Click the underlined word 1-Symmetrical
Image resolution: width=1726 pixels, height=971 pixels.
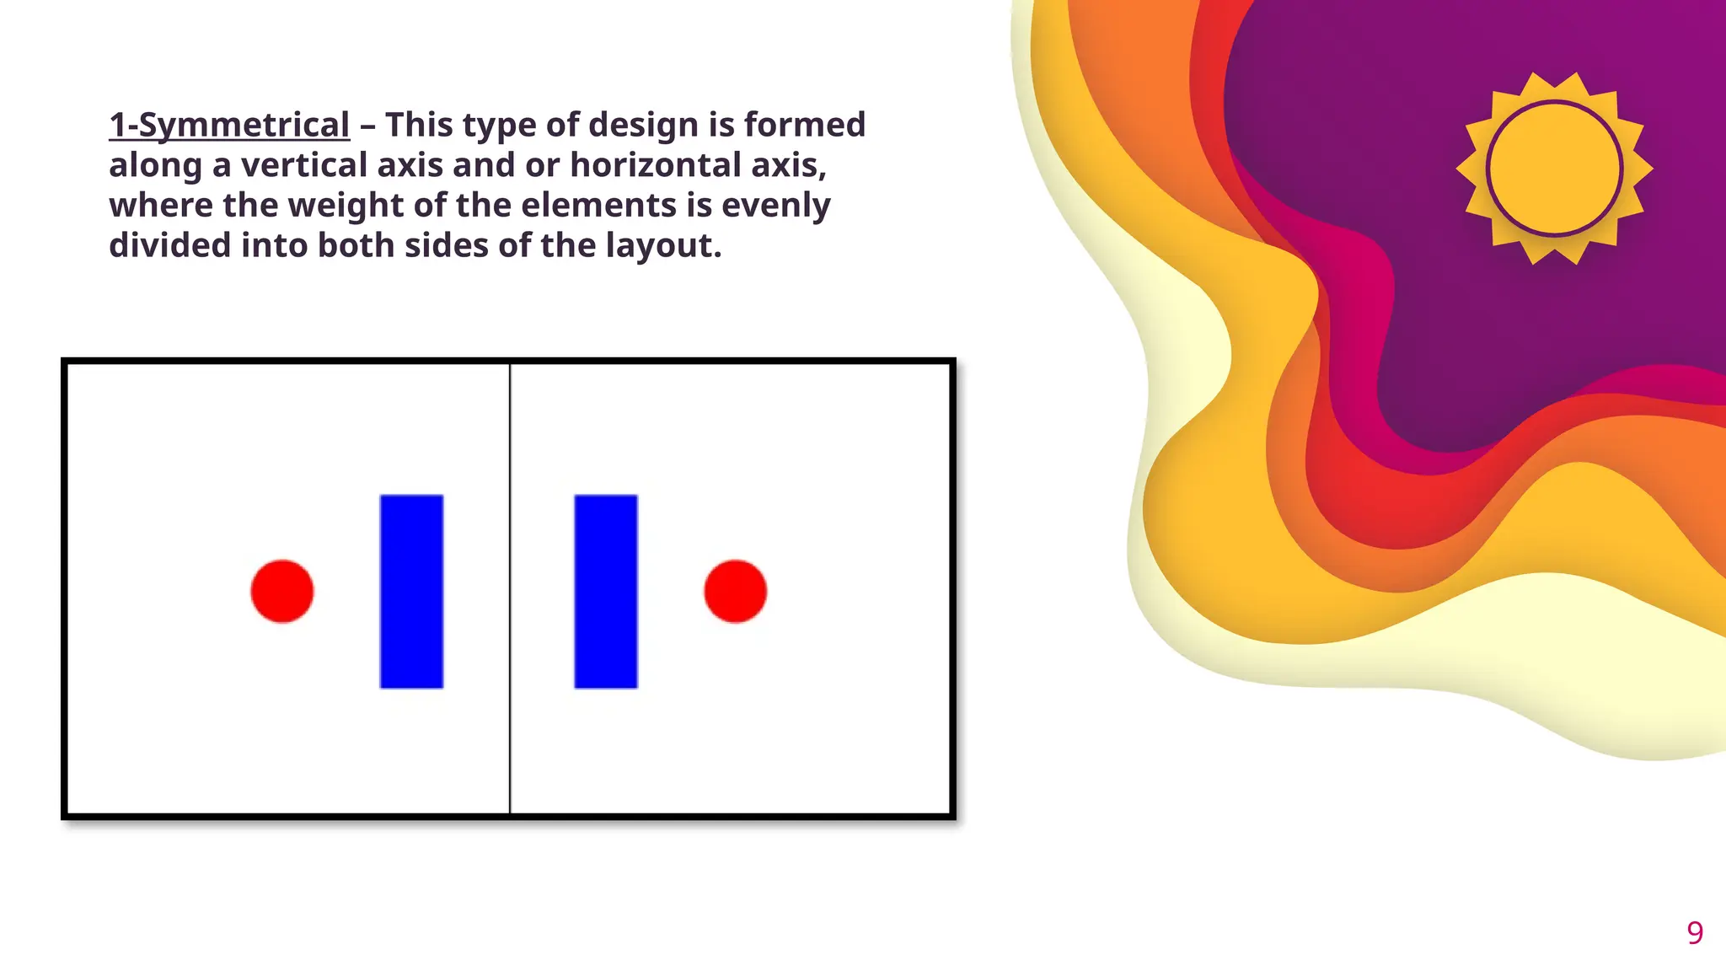pyautogui.click(x=229, y=125)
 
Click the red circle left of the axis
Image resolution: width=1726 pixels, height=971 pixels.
pyautogui.click(x=282, y=591)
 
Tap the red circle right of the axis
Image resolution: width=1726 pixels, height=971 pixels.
pyautogui.click(x=735, y=591)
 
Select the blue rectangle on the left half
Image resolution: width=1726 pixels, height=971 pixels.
pyautogui.click(x=411, y=591)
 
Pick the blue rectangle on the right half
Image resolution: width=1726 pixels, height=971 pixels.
pyautogui.click(x=606, y=591)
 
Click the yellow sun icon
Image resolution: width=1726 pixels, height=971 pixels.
pyautogui.click(x=1554, y=169)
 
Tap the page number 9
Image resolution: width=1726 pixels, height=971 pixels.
pyautogui.click(x=1695, y=932)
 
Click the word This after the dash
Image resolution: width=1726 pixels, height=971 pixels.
pyautogui.click(x=419, y=125)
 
